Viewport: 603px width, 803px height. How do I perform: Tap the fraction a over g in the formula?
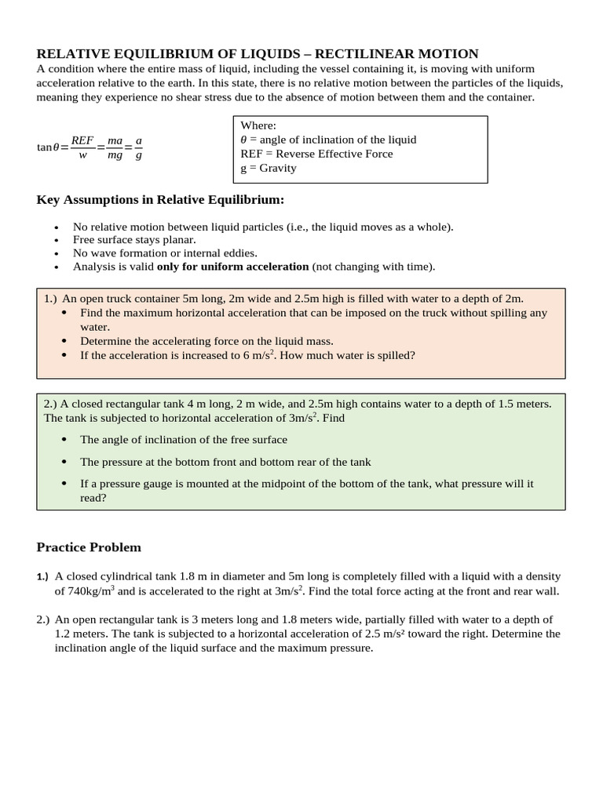coord(138,147)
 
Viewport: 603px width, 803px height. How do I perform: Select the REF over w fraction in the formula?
coord(82,147)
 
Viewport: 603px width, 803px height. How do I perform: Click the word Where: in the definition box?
coord(258,125)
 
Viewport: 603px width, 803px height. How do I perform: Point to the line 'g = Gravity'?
coord(269,168)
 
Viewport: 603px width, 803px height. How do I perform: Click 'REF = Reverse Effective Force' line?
coord(316,154)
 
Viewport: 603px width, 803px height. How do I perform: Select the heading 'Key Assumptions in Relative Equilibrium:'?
coord(160,200)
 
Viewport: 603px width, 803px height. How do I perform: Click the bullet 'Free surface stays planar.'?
coord(134,240)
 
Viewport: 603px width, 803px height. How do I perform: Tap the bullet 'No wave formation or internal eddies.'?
coord(165,253)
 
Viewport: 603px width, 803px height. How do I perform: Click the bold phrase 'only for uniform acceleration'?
coord(232,267)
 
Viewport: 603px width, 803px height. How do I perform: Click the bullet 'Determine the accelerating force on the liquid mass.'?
coord(206,341)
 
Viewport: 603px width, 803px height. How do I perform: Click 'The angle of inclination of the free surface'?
coord(184,440)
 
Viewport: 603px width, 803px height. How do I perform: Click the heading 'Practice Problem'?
coord(89,547)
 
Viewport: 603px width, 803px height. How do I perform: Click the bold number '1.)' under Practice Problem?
coord(42,577)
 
